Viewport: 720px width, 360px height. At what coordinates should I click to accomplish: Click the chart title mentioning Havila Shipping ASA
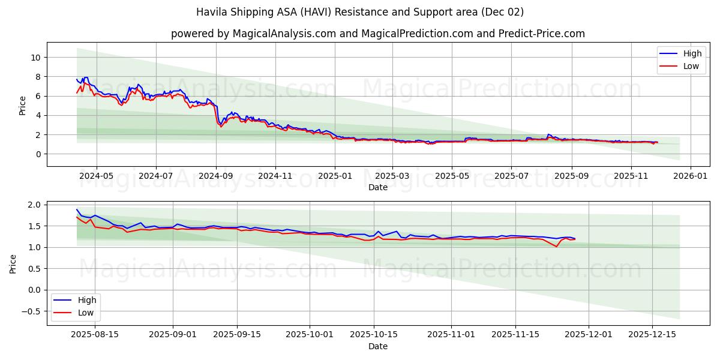click(x=360, y=12)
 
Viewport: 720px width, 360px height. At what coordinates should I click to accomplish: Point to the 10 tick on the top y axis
click(x=35, y=58)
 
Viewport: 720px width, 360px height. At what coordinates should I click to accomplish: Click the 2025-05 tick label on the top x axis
click(x=452, y=176)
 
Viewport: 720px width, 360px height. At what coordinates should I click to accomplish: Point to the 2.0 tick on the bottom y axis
click(x=34, y=205)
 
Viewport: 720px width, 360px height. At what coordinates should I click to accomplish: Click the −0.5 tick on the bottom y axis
click(x=31, y=311)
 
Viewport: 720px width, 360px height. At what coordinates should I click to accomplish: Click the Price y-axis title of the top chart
click(x=23, y=106)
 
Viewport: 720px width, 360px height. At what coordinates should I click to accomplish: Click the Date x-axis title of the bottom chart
click(x=378, y=347)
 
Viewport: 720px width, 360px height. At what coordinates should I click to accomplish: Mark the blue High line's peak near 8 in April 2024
click(x=86, y=77)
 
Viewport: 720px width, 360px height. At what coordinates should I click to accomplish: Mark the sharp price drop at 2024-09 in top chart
click(x=217, y=114)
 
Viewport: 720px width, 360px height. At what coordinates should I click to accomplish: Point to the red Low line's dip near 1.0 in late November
click(x=556, y=246)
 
